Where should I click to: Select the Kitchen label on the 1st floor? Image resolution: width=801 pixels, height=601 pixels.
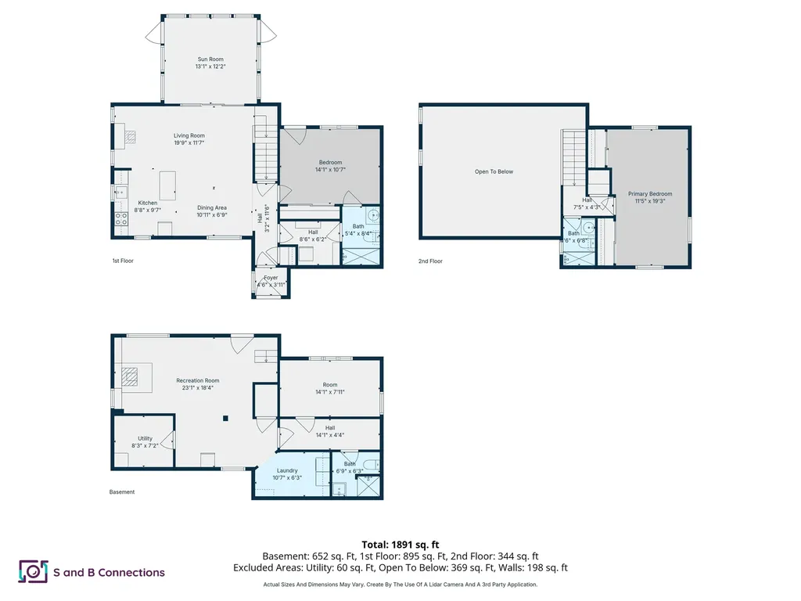click(x=148, y=203)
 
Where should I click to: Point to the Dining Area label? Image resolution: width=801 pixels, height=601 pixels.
click(x=211, y=207)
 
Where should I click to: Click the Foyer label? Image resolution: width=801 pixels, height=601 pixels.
click(x=271, y=278)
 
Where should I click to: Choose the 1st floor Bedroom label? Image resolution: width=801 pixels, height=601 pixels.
click(x=329, y=163)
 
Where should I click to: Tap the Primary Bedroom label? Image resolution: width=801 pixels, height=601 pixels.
click(x=649, y=194)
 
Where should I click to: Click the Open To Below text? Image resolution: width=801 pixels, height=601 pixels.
click(x=494, y=171)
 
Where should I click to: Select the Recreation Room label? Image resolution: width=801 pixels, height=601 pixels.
click(x=197, y=380)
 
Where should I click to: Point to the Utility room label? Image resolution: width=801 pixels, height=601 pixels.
click(x=145, y=438)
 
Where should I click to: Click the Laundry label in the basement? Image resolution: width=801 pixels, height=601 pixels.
click(x=286, y=470)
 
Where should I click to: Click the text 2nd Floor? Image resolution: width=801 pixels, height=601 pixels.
click(x=430, y=261)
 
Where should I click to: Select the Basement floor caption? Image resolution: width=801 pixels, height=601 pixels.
click(x=121, y=492)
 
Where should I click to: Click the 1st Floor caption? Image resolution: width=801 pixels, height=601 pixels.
click(x=123, y=261)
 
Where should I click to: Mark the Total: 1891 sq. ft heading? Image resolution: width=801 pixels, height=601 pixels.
click(x=400, y=545)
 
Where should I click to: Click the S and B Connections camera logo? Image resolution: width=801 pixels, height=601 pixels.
click(x=33, y=571)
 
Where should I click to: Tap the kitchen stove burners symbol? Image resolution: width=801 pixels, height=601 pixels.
click(x=121, y=219)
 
